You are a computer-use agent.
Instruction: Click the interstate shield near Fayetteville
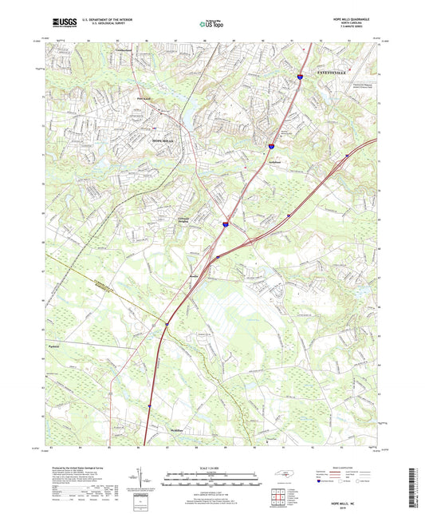point(300,77)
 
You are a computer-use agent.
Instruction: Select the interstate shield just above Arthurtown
point(271,146)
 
